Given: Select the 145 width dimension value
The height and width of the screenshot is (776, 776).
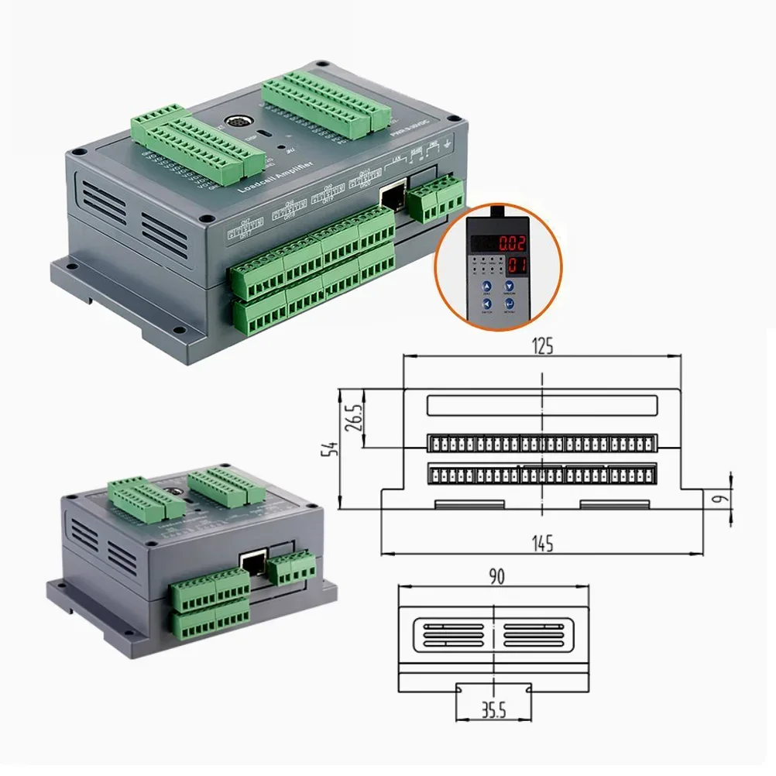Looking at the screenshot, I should [x=543, y=544].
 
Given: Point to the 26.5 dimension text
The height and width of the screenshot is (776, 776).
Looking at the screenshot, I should [x=354, y=418].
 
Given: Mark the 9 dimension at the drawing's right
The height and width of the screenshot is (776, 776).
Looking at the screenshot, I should [x=719, y=499].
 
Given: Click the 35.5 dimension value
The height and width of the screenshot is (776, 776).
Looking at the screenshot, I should [x=493, y=710].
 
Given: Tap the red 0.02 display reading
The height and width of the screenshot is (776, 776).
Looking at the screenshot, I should [x=512, y=242].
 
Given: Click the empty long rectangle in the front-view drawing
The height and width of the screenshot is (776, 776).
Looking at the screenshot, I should [x=541, y=405].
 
